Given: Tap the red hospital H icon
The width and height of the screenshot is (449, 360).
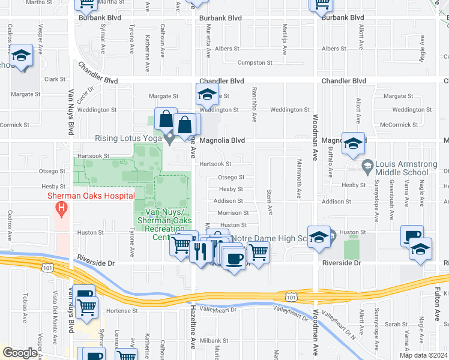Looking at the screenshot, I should (x=61, y=209).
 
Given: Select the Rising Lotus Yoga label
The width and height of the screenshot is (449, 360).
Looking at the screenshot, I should (x=128, y=138).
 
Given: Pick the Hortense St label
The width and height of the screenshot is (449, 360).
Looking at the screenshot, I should (x=122, y=311).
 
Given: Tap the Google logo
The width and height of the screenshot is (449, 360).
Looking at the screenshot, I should (x=20, y=353).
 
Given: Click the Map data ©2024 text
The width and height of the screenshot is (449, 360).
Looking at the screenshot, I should (x=423, y=355).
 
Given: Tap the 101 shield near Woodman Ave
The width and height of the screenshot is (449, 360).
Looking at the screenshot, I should (x=291, y=297).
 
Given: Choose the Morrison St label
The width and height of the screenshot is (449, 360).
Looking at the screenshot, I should (x=232, y=213).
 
